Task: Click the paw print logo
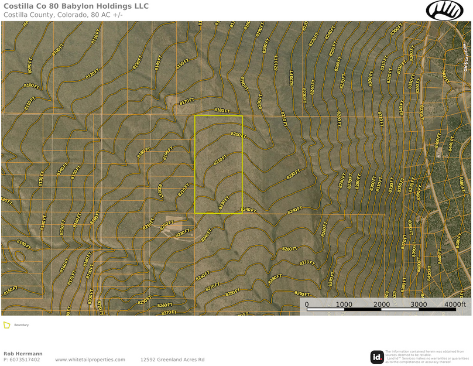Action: point(444,10)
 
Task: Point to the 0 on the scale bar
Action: point(307,305)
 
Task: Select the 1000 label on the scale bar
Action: point(344,305)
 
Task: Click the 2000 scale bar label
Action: point(382,305)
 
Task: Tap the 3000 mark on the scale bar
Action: point(419,305)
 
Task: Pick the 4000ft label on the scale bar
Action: point(455,305)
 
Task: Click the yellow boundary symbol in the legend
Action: point(6,325)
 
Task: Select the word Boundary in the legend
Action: point(22,325)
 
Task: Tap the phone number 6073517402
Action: point(25,360)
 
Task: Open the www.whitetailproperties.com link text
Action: point(90,360)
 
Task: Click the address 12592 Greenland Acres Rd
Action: point(172,360)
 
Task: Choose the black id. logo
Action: point(377,357)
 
